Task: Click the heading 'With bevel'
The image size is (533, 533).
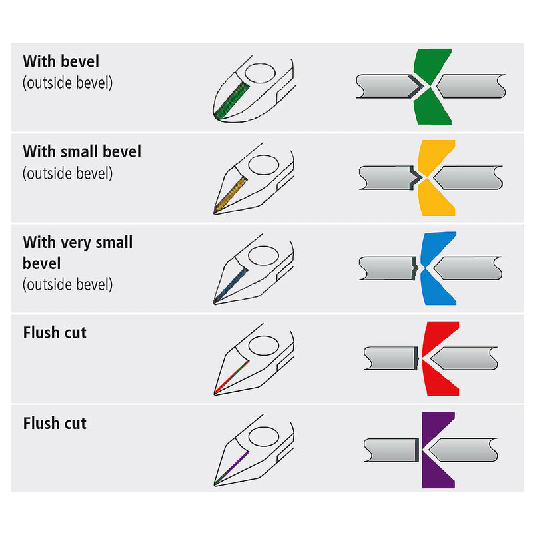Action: point(61,62)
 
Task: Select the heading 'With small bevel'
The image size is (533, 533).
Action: point(82,152)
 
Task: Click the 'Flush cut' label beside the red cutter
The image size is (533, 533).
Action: point(55,332)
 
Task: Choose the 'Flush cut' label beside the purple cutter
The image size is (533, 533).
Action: point(55,423)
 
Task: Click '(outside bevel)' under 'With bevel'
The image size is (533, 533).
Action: point(67,83)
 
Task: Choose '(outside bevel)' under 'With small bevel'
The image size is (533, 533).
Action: point(67,173)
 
